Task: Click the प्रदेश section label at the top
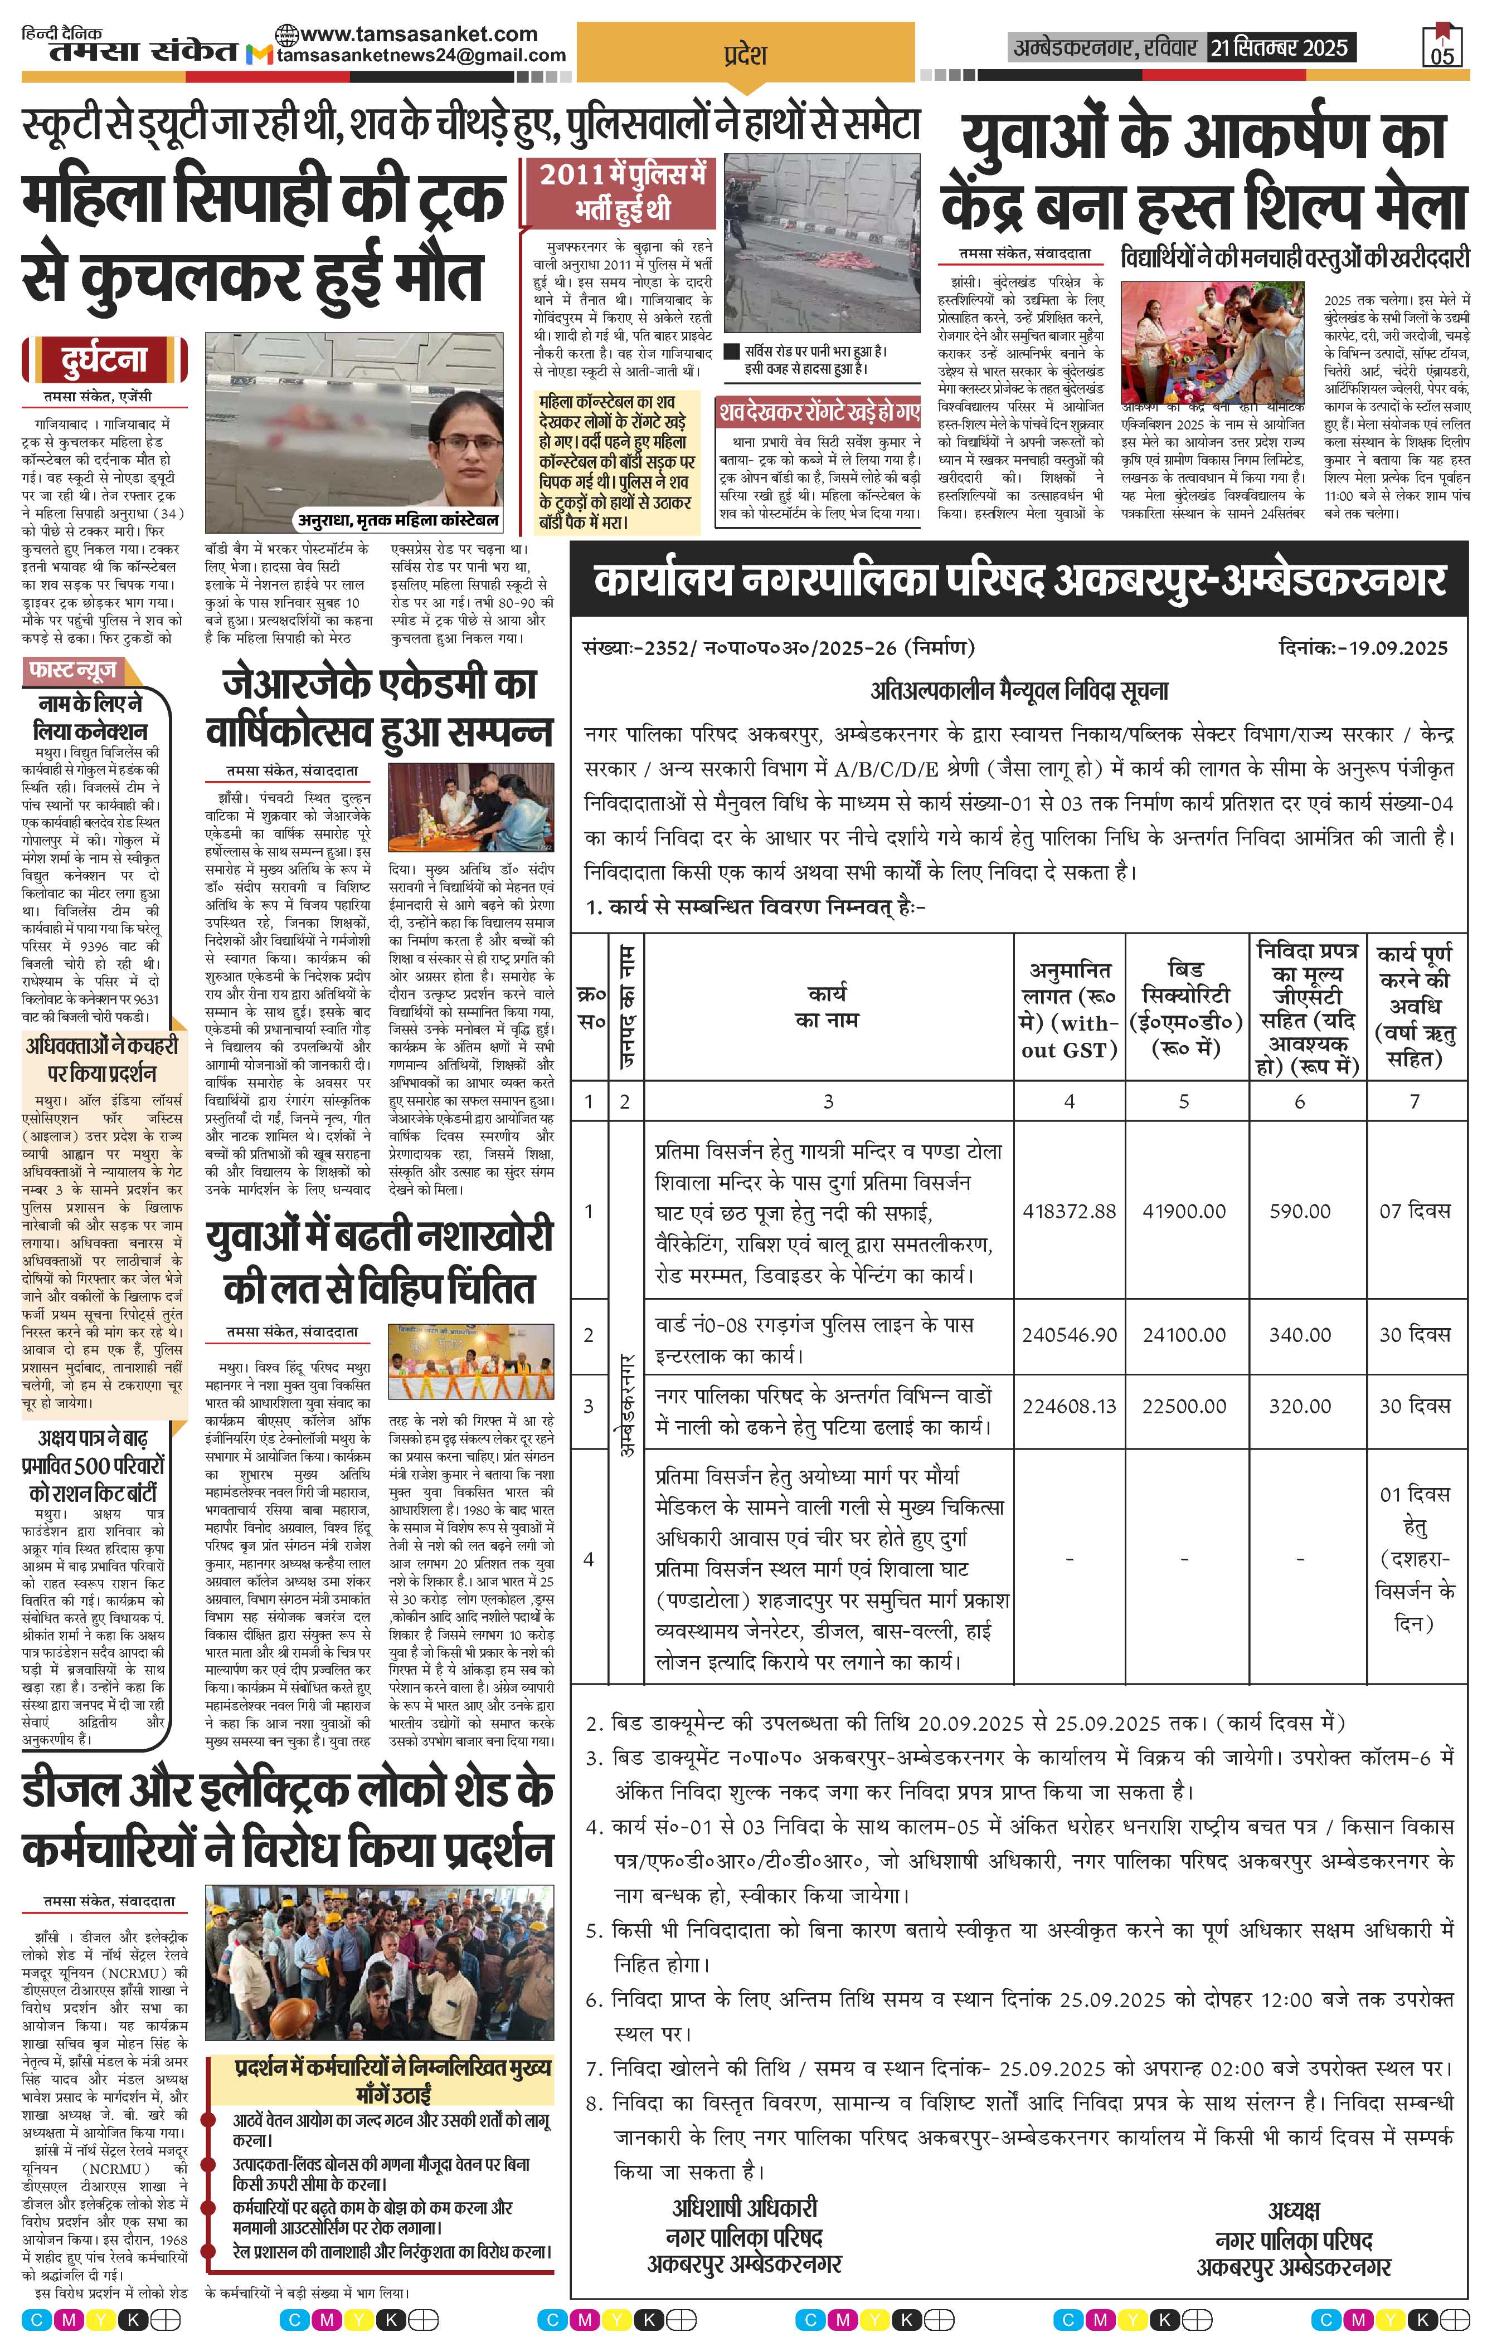[745, 56]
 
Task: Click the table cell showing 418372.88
[1069, 1211]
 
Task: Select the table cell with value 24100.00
[1184, 1334]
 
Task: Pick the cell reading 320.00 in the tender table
[1299, 1406]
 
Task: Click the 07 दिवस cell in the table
[1414, 1211]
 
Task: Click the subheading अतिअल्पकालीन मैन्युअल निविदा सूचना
[1018, 691]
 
